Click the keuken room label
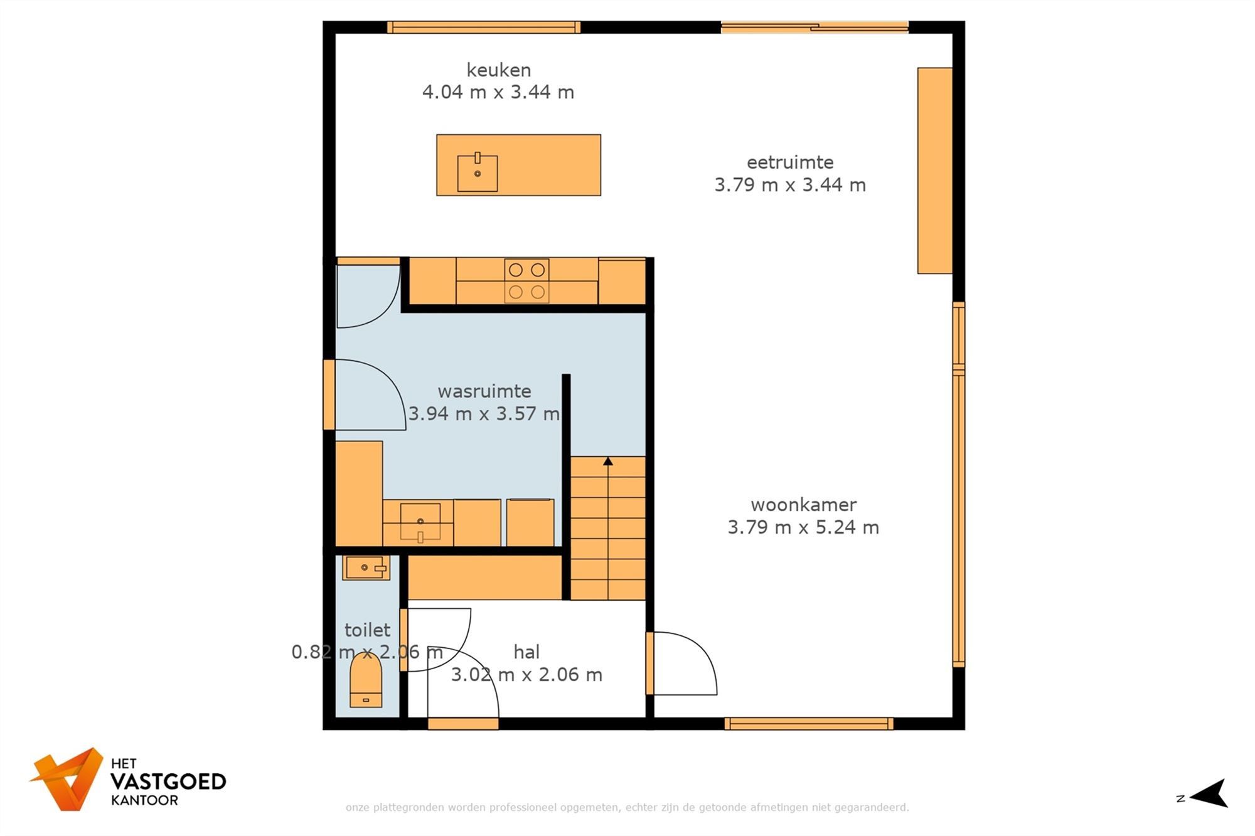coord(498,70)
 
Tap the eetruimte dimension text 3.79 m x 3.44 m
coord(790,185)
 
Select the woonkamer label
coord(803,504)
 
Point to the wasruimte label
coord(484,391)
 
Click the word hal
coord(526,652)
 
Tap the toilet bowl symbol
coord(366,681)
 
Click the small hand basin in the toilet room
coord(366,568)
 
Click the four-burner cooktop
coord(526,280)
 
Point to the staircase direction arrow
coord(607,462)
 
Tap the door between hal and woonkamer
coord(683,664)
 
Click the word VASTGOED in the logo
coord(168,781)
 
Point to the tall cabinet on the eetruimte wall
coord(934,171)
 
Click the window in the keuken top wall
coord(483,27)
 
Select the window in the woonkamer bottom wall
coord(809,724)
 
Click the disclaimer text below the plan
coord(627,807)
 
